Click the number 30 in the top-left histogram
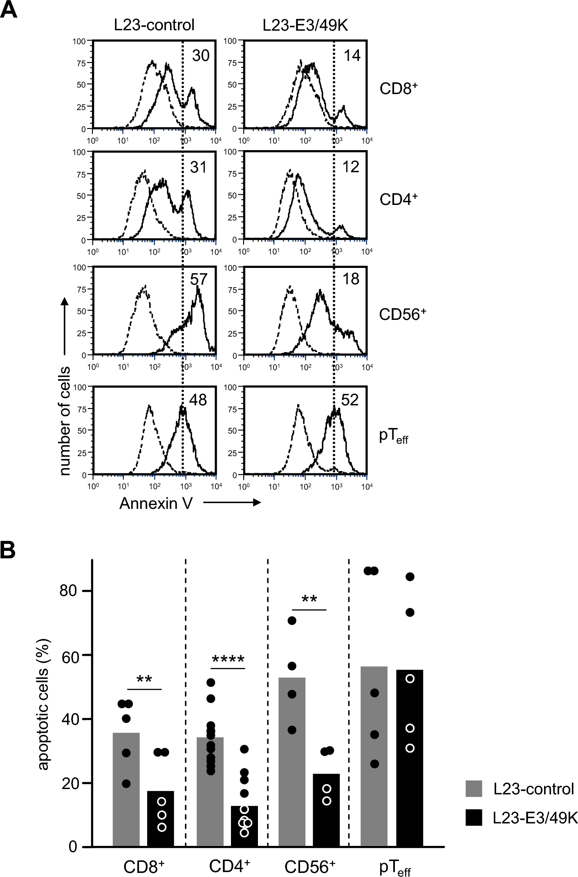pos(200,56)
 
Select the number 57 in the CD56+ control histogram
pos(199,279)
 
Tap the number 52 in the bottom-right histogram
pos(350,400)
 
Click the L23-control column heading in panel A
pos(154,25)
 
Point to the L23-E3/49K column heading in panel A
pos(305,25)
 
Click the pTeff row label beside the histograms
pos(394,436)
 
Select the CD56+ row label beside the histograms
pos(402,314)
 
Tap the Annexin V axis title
pos(156,503)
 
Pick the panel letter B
pos(8,551)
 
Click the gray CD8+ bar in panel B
pos(126,789)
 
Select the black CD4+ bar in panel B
pos(244,826)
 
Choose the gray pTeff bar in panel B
pos(374,757)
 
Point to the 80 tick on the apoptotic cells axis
pos(68,591)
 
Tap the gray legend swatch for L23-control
pos(473,788)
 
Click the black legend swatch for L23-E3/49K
pos(473,818)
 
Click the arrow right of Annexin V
pos(232,502)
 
